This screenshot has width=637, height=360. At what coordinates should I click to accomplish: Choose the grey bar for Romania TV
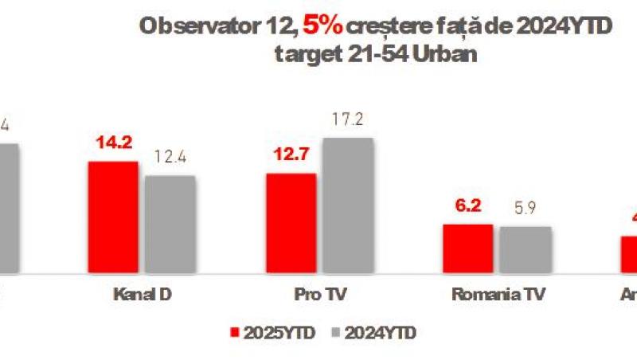click(x=525, y=250)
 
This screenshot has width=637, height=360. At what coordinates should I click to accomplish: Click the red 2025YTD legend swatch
click(x=233, y=331)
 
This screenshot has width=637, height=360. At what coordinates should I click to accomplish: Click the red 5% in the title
click(x=322, y=26)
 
